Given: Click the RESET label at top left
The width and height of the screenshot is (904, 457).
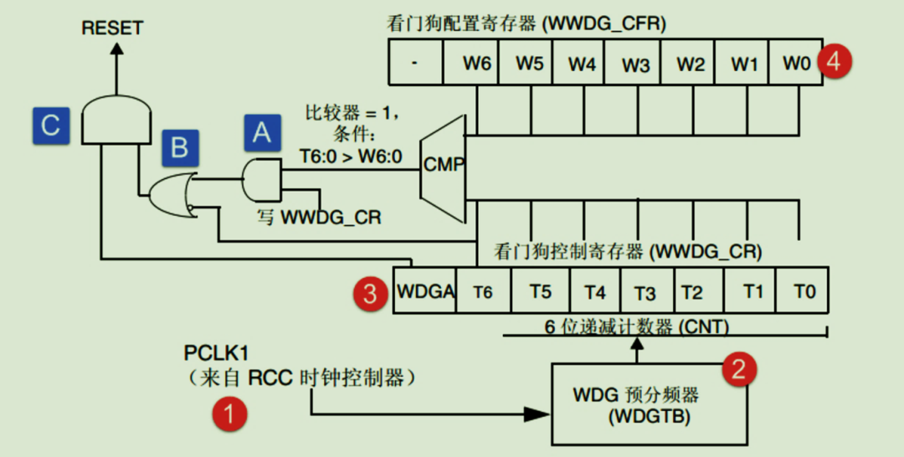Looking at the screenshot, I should pyautogui.click(x=112, y=28).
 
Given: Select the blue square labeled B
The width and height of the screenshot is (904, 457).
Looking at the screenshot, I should pyautogui.click(x=180, y=148).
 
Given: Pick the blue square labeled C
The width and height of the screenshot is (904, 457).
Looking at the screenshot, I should pyautogui.click(x=51, y=126).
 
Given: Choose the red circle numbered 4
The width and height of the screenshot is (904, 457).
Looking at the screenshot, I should pyautogui.click(x=835, y=62).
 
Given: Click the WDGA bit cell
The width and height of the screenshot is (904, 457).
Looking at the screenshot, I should pyautogui.click(x=425, y=292).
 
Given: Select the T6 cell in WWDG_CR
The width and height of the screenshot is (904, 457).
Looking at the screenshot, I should pyautogui.click(x=482, y=292).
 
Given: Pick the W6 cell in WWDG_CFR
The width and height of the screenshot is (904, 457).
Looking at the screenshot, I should pyautogui.click(x=476, y=64).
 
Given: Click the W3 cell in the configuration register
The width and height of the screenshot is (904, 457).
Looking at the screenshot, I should pyautogui.click(x=635, y=64).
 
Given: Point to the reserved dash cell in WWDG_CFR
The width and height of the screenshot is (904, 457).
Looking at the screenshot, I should pyautogui.click(x=415, y=64).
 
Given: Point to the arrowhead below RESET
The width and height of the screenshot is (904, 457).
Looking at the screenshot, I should pyautogui.click(x=116, y=49).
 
